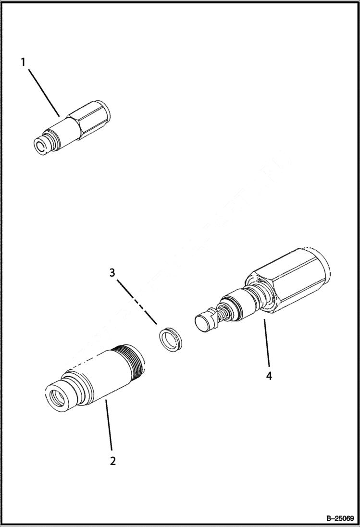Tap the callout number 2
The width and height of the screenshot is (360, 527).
pyautogui.click(x=112, y=461)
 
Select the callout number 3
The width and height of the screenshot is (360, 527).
pyautogui.click(x=112, y=273)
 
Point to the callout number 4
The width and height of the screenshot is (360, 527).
pyautogui.click(x=269, y=375)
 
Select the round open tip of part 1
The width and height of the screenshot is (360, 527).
pyautogui.click(x=40, y=146)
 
